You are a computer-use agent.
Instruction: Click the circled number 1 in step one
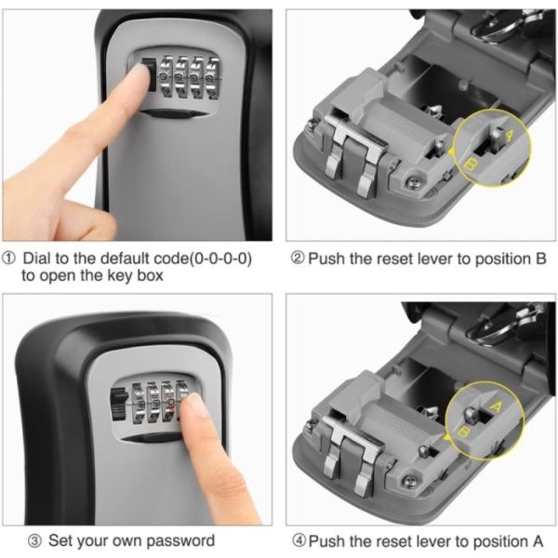(8, 258)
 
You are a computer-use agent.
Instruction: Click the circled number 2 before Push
(298, 258)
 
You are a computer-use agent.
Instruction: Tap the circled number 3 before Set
(34, 541)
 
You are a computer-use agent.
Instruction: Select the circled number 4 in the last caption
(299, 541)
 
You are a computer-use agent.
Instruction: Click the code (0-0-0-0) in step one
(219, 259)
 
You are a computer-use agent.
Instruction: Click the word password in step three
(180, 541)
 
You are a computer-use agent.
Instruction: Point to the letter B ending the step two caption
(540, 259)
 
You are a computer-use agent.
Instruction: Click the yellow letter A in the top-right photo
(510, 135)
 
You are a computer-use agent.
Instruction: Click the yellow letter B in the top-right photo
(472, 165)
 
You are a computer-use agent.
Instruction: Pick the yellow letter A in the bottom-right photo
(495, 406)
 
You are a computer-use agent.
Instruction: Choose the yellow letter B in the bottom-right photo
(463, 432)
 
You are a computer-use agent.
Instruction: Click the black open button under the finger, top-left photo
(150, 74)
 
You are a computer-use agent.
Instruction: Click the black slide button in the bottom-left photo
(119, 405)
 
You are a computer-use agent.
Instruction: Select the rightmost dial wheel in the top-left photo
(213, 77)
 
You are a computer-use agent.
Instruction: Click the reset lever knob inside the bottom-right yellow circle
(472, 415)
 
